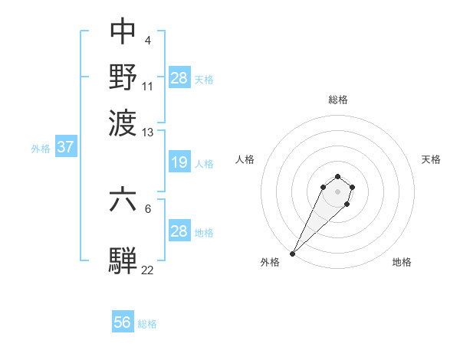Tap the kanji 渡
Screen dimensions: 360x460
point(123,122)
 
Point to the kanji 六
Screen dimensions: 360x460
point(123,200)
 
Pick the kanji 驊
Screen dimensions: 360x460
point(123,260)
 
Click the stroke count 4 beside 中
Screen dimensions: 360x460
point(147,40)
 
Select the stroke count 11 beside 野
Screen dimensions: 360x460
point(148,86)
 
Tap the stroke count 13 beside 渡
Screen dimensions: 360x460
point(148,133)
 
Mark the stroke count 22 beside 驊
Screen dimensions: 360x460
point(148,270)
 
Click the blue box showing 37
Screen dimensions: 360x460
point(65,147)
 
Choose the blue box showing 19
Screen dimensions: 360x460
point(179,162)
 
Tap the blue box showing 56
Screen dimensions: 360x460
point(123,322)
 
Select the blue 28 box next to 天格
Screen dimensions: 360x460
point(179,77)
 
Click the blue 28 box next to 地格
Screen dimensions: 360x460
point(179,231)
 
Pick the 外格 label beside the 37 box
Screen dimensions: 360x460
point(41,149)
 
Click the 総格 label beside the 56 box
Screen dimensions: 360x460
point(147,324)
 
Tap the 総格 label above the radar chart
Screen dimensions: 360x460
point(337,100)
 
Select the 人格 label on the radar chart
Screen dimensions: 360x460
point(245,159)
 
